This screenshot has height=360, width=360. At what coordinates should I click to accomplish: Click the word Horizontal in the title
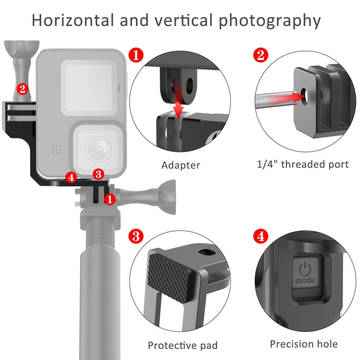click(72, 21)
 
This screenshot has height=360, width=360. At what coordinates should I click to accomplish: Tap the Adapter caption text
click(180, 165)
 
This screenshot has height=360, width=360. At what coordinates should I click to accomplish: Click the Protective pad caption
click(182, 345)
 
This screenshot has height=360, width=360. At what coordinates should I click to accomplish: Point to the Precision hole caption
click(303, 344)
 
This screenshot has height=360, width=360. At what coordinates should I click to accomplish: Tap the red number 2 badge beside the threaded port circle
click(261, 55)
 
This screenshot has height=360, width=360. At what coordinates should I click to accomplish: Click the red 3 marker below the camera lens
click(98, 173)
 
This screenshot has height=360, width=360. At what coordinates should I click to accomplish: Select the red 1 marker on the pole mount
click(110, 198)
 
